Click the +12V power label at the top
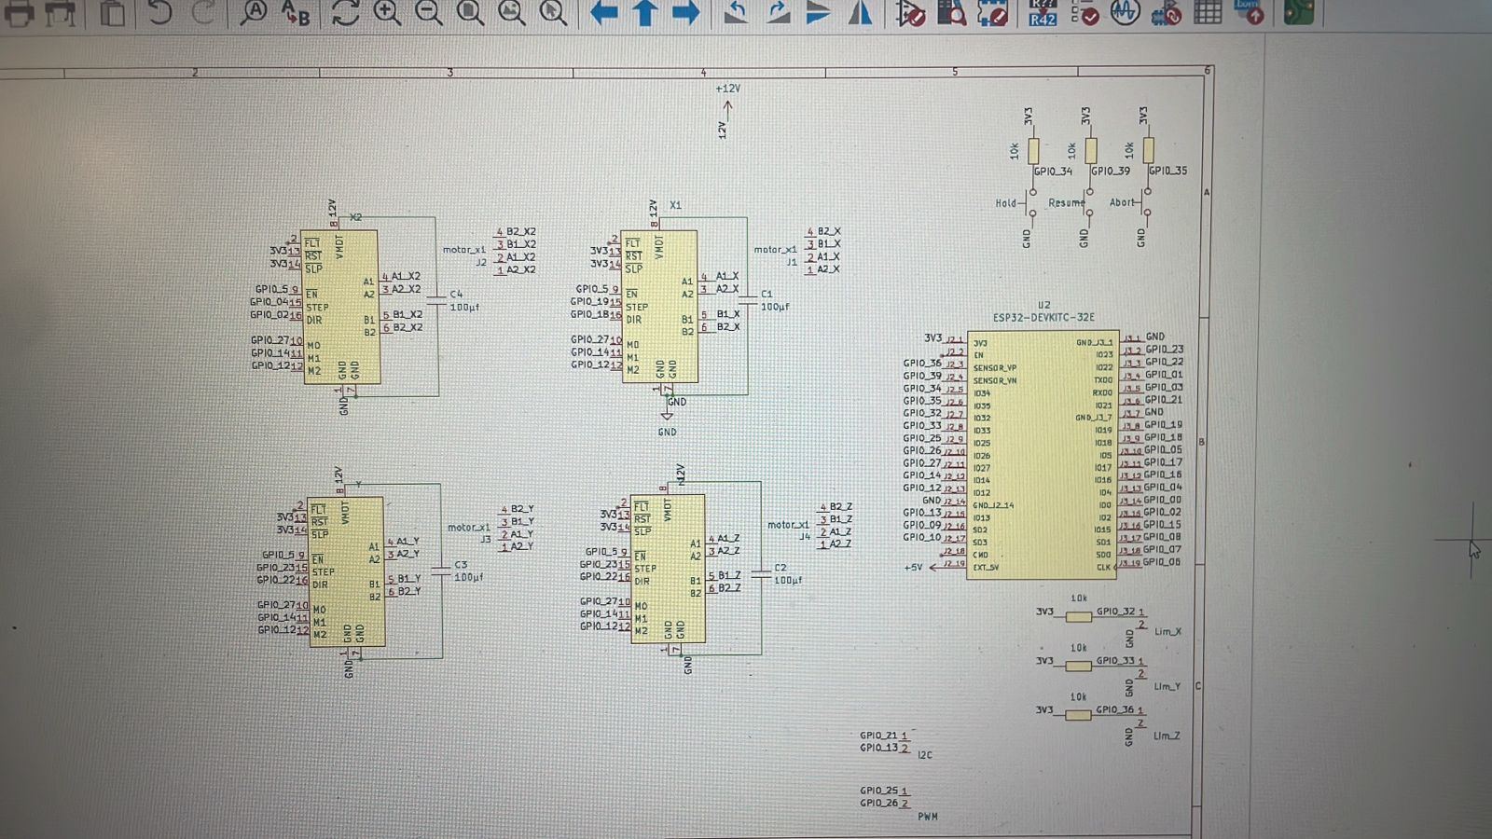[x=727, y=89]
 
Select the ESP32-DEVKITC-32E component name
[x=1043, y=318]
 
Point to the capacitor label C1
[x=767, y=294]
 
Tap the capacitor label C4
[x=456, y=294]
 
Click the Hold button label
[x=1005, y=203]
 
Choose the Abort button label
[x=1122, y=202]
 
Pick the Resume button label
[x=1066, y=202]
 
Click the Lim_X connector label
[x=1167, y=632]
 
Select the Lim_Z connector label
[x=1167, y=736]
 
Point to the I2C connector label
[x=924, y=755]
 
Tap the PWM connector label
[x=927, y=817]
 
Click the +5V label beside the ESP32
[x=913, y=567]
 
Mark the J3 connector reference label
[x=485, y=540]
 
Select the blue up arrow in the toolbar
[x=645, y=13]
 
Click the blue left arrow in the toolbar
[x=604, y=13]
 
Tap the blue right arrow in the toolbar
[x=686, y=13]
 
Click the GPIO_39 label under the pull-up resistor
[x=1111, y=172]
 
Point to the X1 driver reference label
[x=675, y=205]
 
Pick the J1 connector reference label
[x=792, y=263]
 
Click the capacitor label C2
[x=781, y=567]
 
